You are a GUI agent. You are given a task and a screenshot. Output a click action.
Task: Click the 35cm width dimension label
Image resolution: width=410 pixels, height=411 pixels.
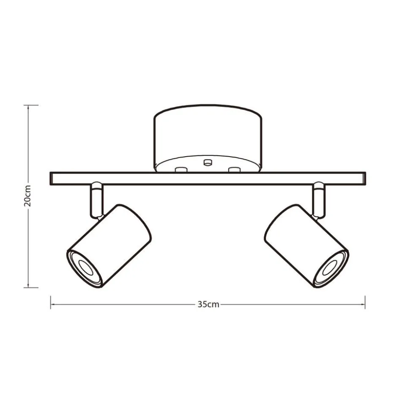tap(208, 304)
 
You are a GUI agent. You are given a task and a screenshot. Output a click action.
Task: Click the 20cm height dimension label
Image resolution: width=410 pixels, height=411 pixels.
tap(27, 196)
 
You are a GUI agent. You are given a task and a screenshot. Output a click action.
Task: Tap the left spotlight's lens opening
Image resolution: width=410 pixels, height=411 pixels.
tap(86, 269)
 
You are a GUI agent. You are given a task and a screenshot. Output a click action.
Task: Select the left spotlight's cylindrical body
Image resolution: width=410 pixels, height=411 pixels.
tap(109, 246)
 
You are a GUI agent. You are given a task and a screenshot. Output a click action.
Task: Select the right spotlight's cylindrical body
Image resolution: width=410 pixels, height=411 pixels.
tap(306, 246)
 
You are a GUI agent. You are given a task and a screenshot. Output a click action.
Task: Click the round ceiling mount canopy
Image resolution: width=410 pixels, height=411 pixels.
tap(208, 138)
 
